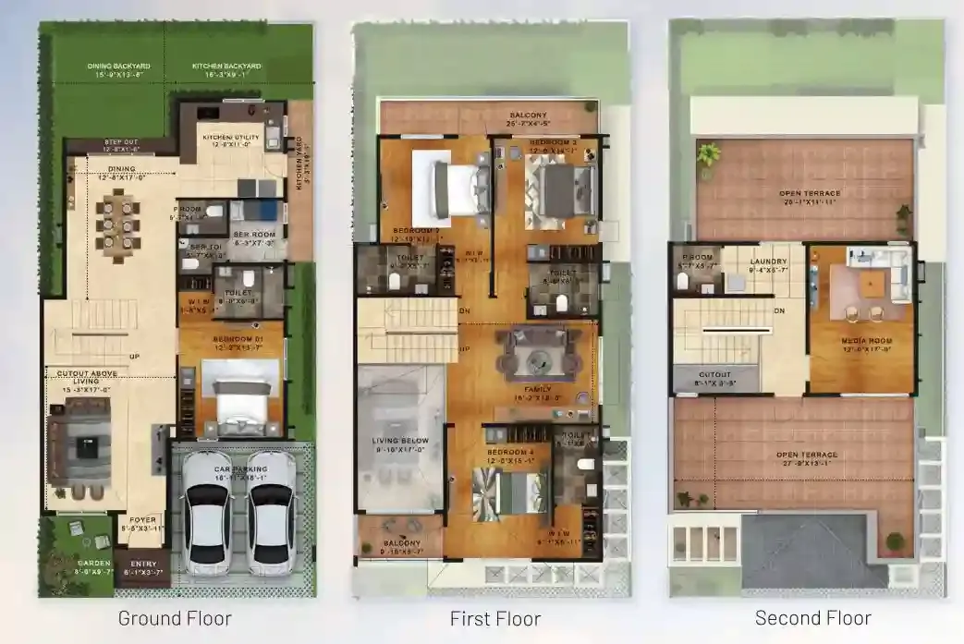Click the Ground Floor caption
coord(175,618)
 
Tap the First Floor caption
coord(494,618)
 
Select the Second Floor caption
coord(812,617)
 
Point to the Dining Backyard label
coord(118,67)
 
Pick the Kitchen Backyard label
coord(226,67)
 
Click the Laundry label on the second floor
coord(768,261)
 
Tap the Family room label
coord(538,390)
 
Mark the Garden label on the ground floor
coord(93,563)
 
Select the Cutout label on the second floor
coord(715,374)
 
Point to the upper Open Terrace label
coord(808,193)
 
